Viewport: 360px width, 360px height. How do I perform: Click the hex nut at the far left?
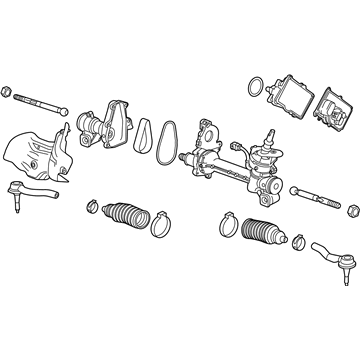coord(9,96)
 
